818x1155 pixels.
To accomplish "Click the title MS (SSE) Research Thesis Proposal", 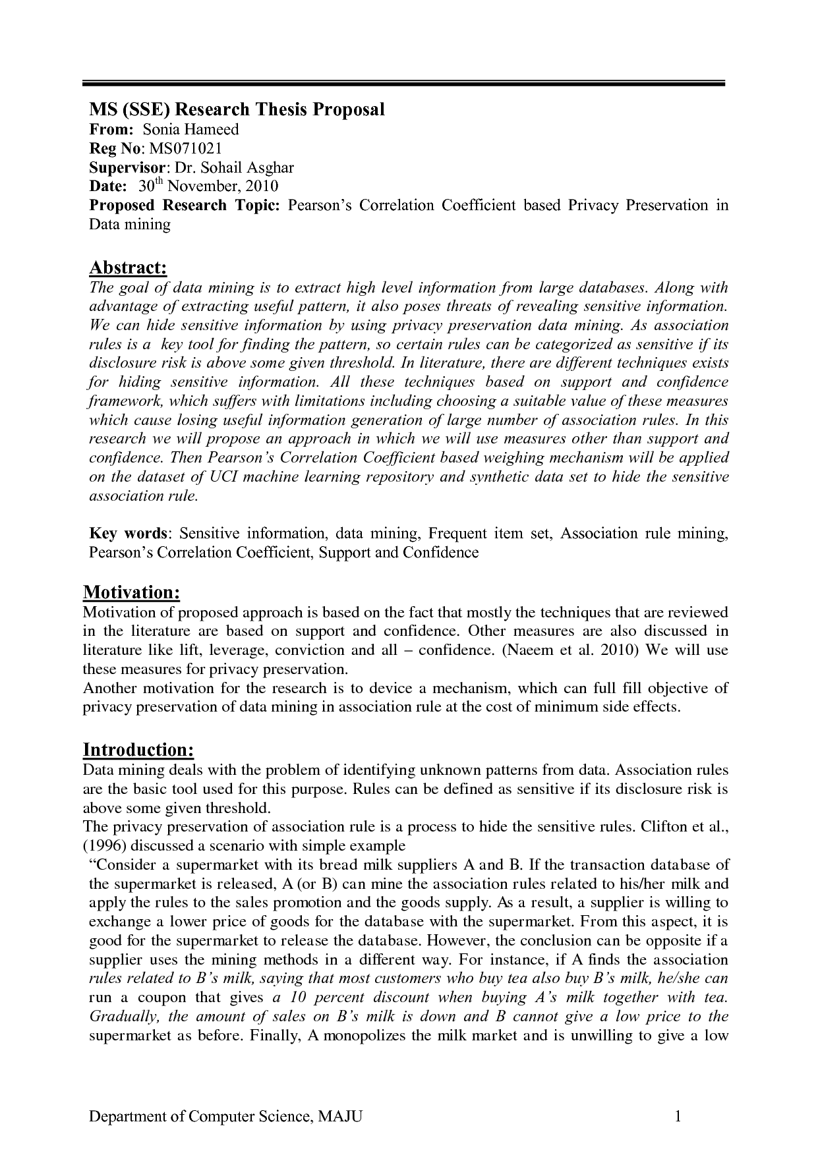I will tap(237, 109).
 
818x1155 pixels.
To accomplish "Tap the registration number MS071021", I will tap(183, 148).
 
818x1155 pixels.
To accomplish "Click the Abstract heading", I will tap(128, 268).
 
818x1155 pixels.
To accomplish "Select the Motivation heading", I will tap(131, 592).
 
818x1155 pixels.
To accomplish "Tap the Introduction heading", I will tap(138, 750).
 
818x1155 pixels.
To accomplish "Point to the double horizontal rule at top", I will tap(403, 84).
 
